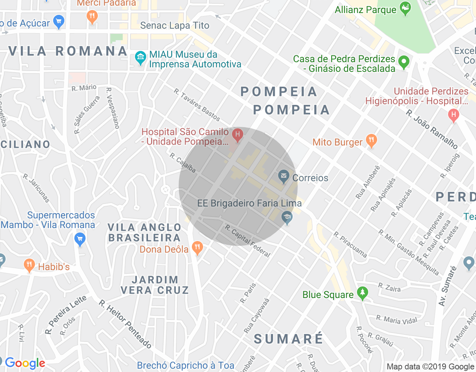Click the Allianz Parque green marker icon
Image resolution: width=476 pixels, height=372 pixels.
(x=405, y=8)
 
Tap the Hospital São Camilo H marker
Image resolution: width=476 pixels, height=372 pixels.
(x=237, y=135)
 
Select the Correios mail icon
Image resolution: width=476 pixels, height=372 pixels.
(x=284, y=176)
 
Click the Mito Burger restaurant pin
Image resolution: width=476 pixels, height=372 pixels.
(x=371, y=141)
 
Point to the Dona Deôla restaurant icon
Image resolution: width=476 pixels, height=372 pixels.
(x=197, y=247)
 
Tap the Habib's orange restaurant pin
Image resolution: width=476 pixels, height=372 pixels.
(x=29, y=266)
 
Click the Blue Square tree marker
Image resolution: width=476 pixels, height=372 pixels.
(x=362, y=293)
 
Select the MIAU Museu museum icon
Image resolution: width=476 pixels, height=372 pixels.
(x=141, y=58)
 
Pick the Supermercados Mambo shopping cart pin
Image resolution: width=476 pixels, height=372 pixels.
(x=80, y=239)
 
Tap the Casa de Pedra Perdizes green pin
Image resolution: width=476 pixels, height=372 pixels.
(x=403, y=62)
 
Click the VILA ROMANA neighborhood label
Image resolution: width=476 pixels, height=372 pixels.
(x=68, y=51)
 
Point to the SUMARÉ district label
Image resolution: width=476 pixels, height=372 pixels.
(x=289, y=339)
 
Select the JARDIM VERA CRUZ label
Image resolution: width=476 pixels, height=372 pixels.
(x=155, y=285)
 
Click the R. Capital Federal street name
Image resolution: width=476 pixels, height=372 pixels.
(x=248, y=241)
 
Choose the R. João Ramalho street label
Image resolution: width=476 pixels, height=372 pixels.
(x=431, y=129)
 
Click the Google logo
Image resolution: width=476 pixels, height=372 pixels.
(x=25, y=363)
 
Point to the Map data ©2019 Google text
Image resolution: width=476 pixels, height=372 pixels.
(x=430, y=367)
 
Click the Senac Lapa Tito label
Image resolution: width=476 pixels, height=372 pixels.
(x=175, y=25)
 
